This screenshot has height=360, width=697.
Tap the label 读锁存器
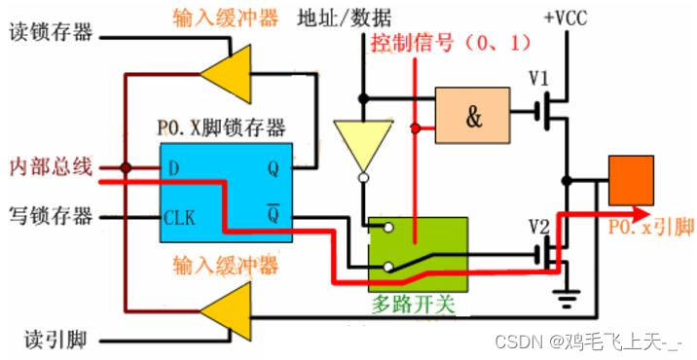[x=50, y=32]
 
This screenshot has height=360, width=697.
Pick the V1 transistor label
[x=539, y=78]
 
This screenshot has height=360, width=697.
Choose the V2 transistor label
[x=538, y=227]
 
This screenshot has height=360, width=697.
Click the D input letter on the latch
[x=173, y=168]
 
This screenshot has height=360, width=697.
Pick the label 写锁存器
[x=50, y=211]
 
